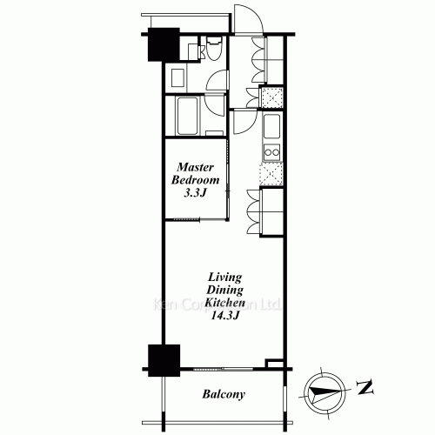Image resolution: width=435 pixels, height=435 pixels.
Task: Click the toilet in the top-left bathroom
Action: coord(214,48)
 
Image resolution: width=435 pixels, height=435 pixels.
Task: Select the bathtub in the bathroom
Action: coord(188,116)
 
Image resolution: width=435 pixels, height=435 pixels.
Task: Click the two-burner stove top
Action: coord(271,152)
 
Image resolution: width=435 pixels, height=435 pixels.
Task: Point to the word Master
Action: coord(195,167)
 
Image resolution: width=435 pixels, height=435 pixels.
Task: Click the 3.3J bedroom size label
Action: coord(195,193)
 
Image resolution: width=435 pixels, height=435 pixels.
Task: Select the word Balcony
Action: coord(224,394)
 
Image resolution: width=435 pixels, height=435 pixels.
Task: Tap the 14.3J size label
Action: coord(224,316)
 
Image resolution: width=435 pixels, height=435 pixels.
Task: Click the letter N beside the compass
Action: coord(365,388)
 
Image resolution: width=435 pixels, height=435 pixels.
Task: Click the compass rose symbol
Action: coord(325,391)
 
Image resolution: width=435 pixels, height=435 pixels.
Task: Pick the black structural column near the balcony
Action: coord(164,360)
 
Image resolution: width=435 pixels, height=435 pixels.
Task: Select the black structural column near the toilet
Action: coord(164,44)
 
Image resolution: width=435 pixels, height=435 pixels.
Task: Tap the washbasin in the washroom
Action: coord(178,77)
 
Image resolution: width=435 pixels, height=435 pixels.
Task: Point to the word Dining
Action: coord(224,290)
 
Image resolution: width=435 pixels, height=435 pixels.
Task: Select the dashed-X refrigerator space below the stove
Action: coord(271,174)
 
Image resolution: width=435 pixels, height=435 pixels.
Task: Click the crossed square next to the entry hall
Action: coord(271,97)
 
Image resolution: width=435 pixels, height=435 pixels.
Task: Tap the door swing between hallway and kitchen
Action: coord(244,121)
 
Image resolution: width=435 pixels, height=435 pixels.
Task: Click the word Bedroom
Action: coord(195,180)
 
